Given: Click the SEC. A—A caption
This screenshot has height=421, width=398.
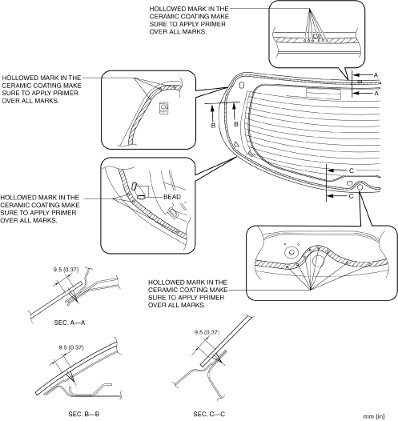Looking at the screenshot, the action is [x=70, y=323].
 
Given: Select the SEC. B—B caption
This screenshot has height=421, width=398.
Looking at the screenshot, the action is [x=84, y=414].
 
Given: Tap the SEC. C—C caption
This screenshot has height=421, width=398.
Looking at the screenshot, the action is [x=209, y=414].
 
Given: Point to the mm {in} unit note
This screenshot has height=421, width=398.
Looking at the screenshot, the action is [x=373, y=416].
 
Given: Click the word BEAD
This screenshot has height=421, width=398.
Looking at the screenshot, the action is [x=172, y=197].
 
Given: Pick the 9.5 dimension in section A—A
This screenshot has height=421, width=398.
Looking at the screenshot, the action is [x=66, y=270].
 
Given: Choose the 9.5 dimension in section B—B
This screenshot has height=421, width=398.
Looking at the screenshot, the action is [x=71, y=347].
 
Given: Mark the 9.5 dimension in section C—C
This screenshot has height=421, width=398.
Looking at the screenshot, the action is [x=207, y=332].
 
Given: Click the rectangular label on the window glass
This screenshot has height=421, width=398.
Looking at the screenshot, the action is [x=324, y=94].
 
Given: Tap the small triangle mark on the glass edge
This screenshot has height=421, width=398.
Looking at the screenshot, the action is [x=236, y=144].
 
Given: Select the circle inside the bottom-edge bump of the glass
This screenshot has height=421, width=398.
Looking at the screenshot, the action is [x=360, y=186].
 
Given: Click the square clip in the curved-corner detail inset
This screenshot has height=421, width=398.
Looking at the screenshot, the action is [x=163, y=108].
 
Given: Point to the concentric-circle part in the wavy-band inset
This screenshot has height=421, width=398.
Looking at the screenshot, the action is [x=291, y=252].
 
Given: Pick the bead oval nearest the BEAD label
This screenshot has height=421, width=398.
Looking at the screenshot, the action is [x=141, y=197].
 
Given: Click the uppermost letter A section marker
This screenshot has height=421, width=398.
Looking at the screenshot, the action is [x=376, y=75].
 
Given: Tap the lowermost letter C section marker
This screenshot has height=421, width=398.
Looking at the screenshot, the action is [x=351, y=196].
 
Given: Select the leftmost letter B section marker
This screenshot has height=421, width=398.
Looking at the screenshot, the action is [x=213, y=126].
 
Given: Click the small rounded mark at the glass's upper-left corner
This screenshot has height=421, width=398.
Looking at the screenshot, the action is [x=241, y=85].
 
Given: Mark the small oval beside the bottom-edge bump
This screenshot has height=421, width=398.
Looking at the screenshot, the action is [x=349, y=183].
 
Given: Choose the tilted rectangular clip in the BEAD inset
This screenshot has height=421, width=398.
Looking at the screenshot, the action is [x=173, y=212].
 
